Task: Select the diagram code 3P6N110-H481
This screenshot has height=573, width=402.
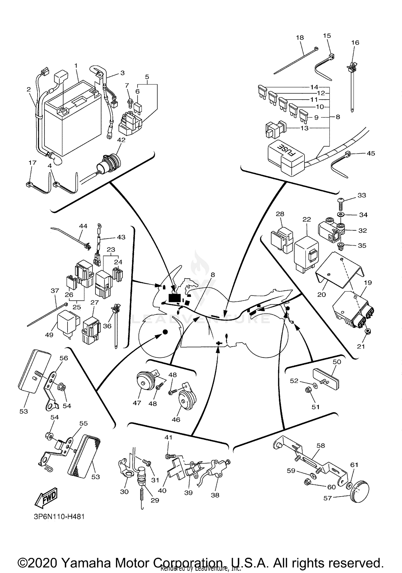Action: (59, 517)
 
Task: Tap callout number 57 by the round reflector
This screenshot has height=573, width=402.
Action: (327, 498)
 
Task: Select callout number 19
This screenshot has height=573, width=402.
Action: (368, 283)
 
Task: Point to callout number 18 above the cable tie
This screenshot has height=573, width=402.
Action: (300, 38)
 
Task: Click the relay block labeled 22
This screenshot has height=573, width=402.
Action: (306, 254)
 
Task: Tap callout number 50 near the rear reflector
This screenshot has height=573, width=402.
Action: (337, 362)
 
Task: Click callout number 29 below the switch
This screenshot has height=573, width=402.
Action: (155, 500)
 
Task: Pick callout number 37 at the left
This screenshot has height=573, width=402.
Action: (55, 291)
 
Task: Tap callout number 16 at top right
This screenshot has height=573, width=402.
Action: (355, 42)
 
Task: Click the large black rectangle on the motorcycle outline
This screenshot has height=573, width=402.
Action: (174, 298)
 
